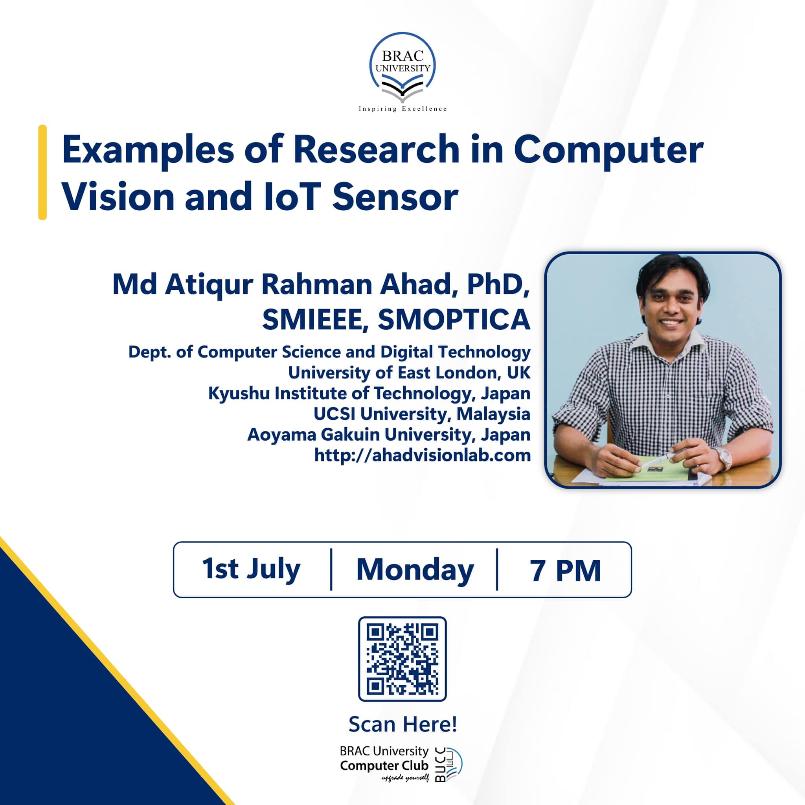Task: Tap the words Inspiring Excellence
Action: click(x=402, y=109)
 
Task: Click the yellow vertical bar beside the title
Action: click(x=42, y=172)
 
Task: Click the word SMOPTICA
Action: click(x=454, y=320)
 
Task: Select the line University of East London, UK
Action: click(x=409, y=373)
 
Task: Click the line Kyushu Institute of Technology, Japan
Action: click(x=369, y=393)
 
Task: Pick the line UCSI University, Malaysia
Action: click(x=422, y=414)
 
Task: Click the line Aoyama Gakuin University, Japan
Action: click(x=389, y=435)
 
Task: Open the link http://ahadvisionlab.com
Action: click(x=423, y=455)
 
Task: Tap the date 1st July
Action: click(x=251, y=569)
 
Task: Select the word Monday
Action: click(x=415, y=570)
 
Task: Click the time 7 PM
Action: click(x=565, y=570)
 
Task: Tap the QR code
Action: click(x=402, y=659)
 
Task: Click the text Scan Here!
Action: click(x=402, y=724)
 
